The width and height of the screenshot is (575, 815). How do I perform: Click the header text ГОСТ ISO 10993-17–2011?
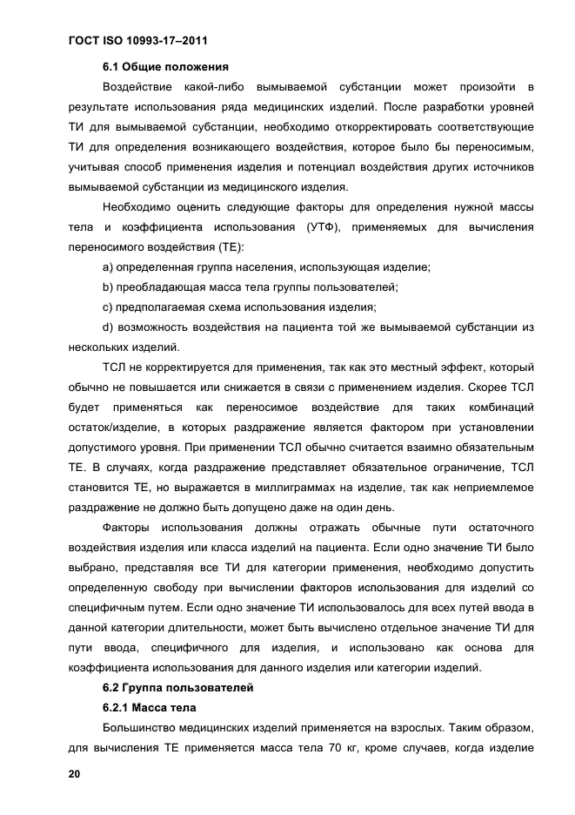pyautogui.click(x=136, y=40)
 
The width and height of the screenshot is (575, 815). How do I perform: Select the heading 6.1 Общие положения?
pyautogui.click(x=165, y=66)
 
